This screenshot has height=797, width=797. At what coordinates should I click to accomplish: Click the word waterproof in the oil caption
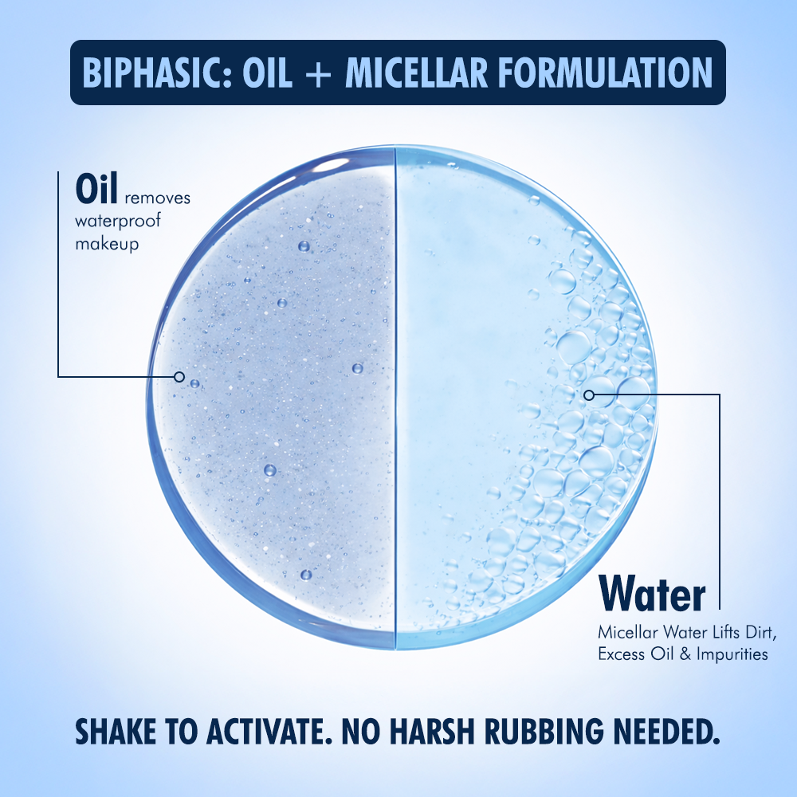[118, 221]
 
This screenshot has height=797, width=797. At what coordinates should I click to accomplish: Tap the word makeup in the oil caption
[107, 244]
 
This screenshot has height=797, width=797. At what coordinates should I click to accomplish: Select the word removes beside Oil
[157, 198]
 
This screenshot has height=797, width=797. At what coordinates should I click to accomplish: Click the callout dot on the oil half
[179, 376]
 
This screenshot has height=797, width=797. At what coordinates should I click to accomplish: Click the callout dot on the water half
[588, 394]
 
